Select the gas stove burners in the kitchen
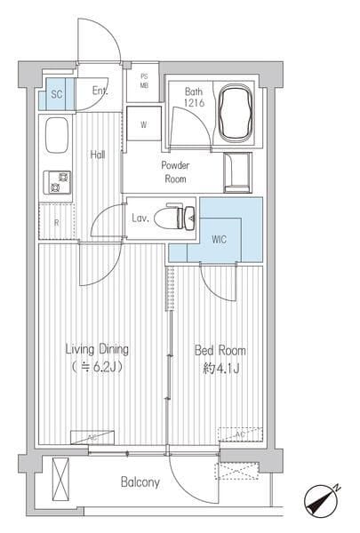point(57,182)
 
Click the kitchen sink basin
point(57,135)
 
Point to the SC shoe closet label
point(57,94)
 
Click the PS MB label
point(144,81)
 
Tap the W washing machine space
point(144,123)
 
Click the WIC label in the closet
point(219,239)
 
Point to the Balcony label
point(140,482)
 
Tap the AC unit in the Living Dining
point(92,437)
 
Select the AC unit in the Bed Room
point(240,434)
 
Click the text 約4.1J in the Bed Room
point(221,368)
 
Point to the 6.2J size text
point(98,367)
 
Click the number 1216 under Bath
point(194,102)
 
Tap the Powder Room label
point(175,172)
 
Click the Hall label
point(98,155)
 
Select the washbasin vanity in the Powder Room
point(238,172)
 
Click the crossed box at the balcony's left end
point(60,479)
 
